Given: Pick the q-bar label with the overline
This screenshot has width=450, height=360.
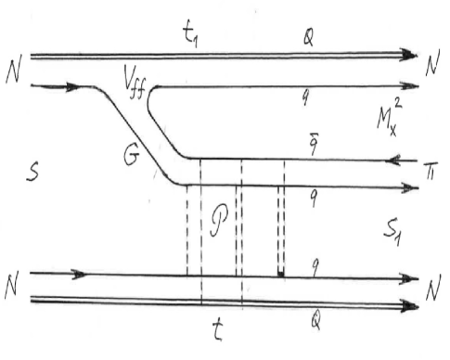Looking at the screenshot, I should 315,141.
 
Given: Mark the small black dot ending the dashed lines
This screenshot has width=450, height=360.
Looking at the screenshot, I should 281,273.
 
